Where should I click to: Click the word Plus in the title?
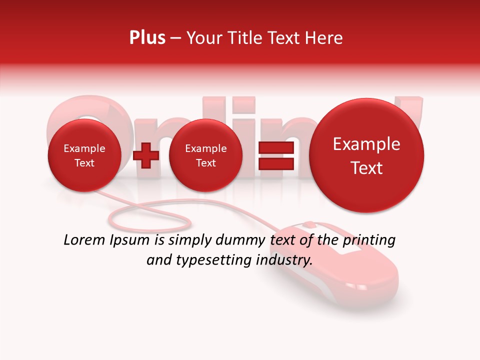click(x=147, y=38)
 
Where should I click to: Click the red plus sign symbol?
click(x=146, y=155)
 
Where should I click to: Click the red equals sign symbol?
click(x=275, y=155)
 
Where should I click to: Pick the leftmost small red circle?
click(x=84, y=155)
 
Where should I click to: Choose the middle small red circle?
click(x=205, y=155)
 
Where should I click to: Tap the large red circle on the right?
click(x=366, y=155)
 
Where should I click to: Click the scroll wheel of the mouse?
click(x=309, y=223)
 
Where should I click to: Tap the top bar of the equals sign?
click(x=275, y=148)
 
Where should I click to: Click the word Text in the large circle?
click(x=366, y=168)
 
